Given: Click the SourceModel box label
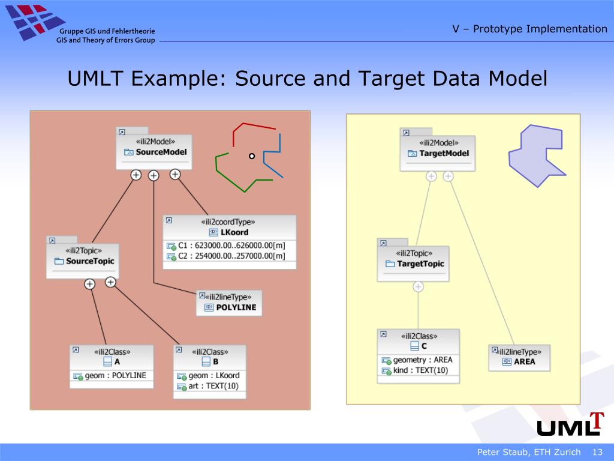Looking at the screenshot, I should point(161,152).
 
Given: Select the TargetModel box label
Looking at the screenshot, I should point(444,153).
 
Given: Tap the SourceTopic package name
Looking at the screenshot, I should point(89,261).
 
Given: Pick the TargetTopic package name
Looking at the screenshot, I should point(420,264).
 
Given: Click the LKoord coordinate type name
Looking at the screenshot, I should point(234,232).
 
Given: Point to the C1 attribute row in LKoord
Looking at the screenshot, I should point(231,246).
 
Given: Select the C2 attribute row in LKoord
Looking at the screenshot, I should point(231,256).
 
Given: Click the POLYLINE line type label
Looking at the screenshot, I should point(236,307).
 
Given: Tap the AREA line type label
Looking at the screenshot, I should point(524,362).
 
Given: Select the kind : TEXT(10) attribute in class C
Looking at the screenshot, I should point(420,370).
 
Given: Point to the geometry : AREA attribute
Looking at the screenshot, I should point(422,360).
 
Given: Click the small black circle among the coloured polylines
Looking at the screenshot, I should point(252,156).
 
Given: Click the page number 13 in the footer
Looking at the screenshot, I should point(597,452).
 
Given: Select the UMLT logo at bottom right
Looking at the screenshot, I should point(570,424).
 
